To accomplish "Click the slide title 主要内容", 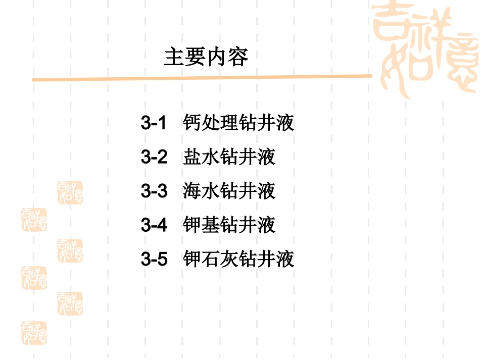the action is [x=206, y=57].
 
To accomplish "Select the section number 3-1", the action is [x=154, y=123].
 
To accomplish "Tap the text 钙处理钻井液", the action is [x=238, y=123].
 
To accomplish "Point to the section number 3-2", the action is [x=154, y=157].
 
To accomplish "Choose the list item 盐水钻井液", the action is [x=229, y=157].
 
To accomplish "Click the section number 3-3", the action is [x=154, y=191].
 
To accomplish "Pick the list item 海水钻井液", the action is [x=229, y=191].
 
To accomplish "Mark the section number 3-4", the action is [x=154, y=225].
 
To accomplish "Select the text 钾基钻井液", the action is [x=229, y=225].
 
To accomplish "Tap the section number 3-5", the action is [x=154, y=260].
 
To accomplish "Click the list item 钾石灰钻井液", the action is [x=238, y=260].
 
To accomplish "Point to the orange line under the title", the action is [x=202, y=78].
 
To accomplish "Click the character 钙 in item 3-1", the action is [x=193, y=123].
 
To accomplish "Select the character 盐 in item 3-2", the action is [x=193, y=157].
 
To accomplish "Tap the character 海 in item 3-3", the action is [x=193, y=191].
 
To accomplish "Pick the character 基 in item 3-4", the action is [x=211, y=225].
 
